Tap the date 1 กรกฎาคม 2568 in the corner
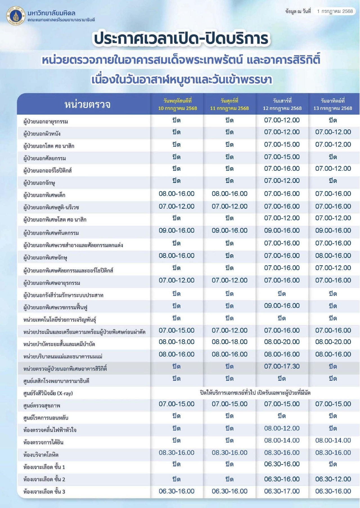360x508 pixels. [x=334, y=11]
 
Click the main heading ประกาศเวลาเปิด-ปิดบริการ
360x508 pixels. [x=181, y=38]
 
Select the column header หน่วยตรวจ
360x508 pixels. [x=87, y=104]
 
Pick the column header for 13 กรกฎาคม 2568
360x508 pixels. [x=333, y=104]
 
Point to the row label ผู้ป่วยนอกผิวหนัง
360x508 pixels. [x=42, y=134]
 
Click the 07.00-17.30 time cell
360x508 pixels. [x=282, y=366]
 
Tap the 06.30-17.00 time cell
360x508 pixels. [x=282, y=491]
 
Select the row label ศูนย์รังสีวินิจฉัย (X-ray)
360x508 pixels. [x=48, y=393]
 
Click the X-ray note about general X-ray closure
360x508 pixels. [x=255, y=393]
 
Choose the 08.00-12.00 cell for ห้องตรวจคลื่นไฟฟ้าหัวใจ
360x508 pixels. [x=282, y=428]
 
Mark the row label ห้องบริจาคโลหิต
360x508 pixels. [x=41, y=455]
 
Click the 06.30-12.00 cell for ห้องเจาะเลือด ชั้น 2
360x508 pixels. [x=333, y=479]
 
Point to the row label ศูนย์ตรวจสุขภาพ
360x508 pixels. [x=42, y=406]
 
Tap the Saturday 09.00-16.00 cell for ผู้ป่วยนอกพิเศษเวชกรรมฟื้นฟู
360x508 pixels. [x=282, y=306]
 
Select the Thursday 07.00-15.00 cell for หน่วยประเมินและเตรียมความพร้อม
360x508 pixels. [x=177, y=330]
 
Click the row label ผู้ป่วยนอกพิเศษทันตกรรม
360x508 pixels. [x=51, y=233]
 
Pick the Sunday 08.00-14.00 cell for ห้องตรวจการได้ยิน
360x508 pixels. [x=333, y=441]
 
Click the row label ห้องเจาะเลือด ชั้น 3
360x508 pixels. [x=44, y=492]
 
